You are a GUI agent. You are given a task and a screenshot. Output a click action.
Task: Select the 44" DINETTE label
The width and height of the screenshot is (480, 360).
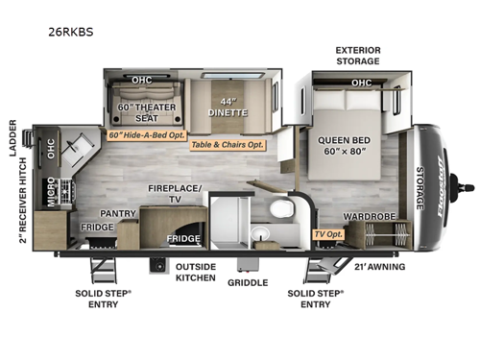228,107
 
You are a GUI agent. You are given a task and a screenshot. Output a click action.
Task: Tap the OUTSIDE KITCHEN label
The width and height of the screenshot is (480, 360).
195,273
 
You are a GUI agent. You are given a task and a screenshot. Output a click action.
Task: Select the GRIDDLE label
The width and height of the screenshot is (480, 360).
247,283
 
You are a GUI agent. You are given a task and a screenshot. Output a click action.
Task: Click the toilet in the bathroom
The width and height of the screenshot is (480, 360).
278,208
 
